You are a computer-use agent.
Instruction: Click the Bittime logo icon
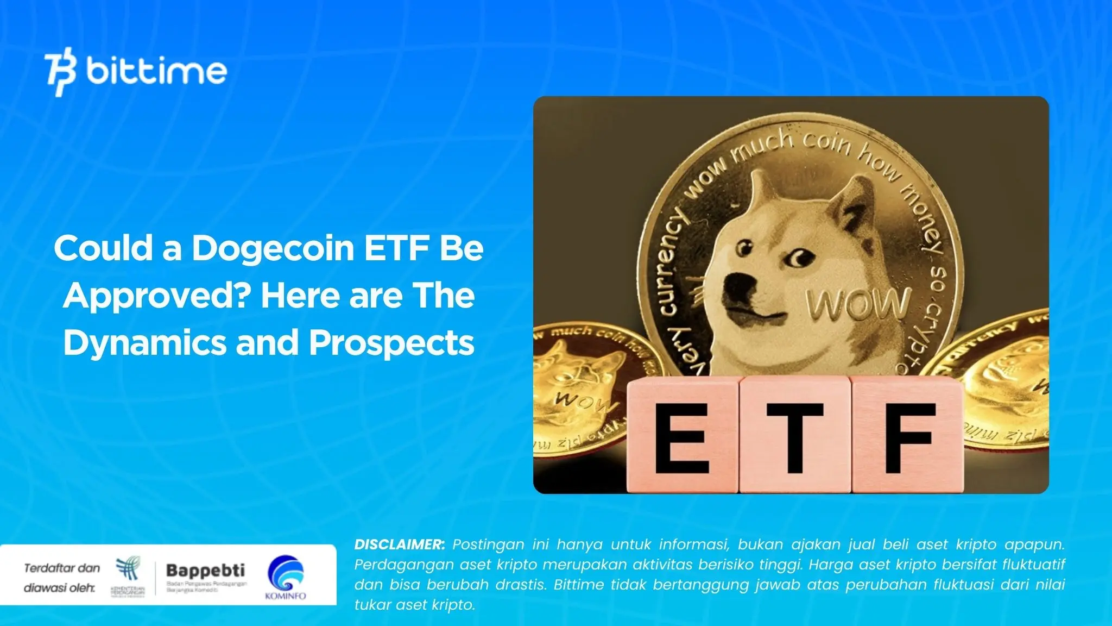pos(60,73)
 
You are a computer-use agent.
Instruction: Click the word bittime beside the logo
pos(156,72)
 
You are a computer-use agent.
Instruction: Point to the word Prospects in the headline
pos(391,343)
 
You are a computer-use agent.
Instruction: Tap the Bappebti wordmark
pos(205,571)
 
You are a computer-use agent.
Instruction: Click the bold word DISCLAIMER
pos(399,544)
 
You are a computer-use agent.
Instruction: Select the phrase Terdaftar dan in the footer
pos(62,568)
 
